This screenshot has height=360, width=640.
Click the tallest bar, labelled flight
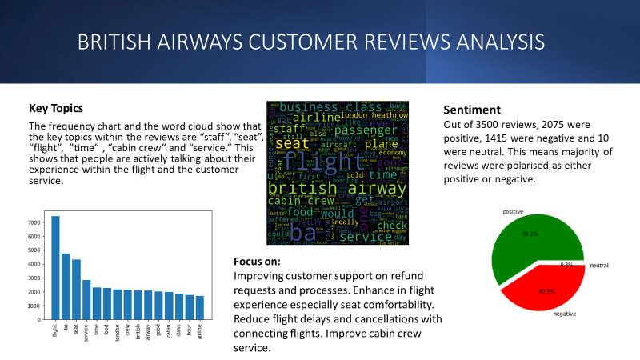point(56,268)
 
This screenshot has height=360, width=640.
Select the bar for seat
point(77,289)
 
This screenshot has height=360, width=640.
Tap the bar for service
point(87,299)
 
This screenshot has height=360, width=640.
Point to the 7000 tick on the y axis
point(35,222)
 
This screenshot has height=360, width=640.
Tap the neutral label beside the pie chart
point(599,265)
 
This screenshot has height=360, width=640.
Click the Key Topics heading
point(56,109)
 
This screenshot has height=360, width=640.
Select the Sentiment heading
point(472,110)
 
